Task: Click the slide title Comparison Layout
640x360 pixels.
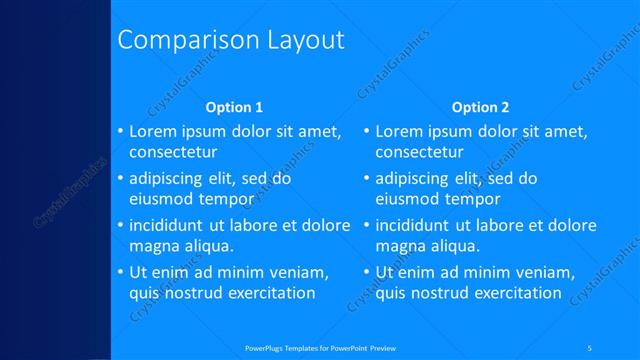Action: coord(231,40)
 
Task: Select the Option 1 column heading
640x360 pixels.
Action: coord(234,107)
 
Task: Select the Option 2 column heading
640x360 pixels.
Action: coord(480,107)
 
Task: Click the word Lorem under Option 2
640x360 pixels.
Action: coord(401,131)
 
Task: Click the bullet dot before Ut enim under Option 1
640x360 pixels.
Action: coord(120,272)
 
